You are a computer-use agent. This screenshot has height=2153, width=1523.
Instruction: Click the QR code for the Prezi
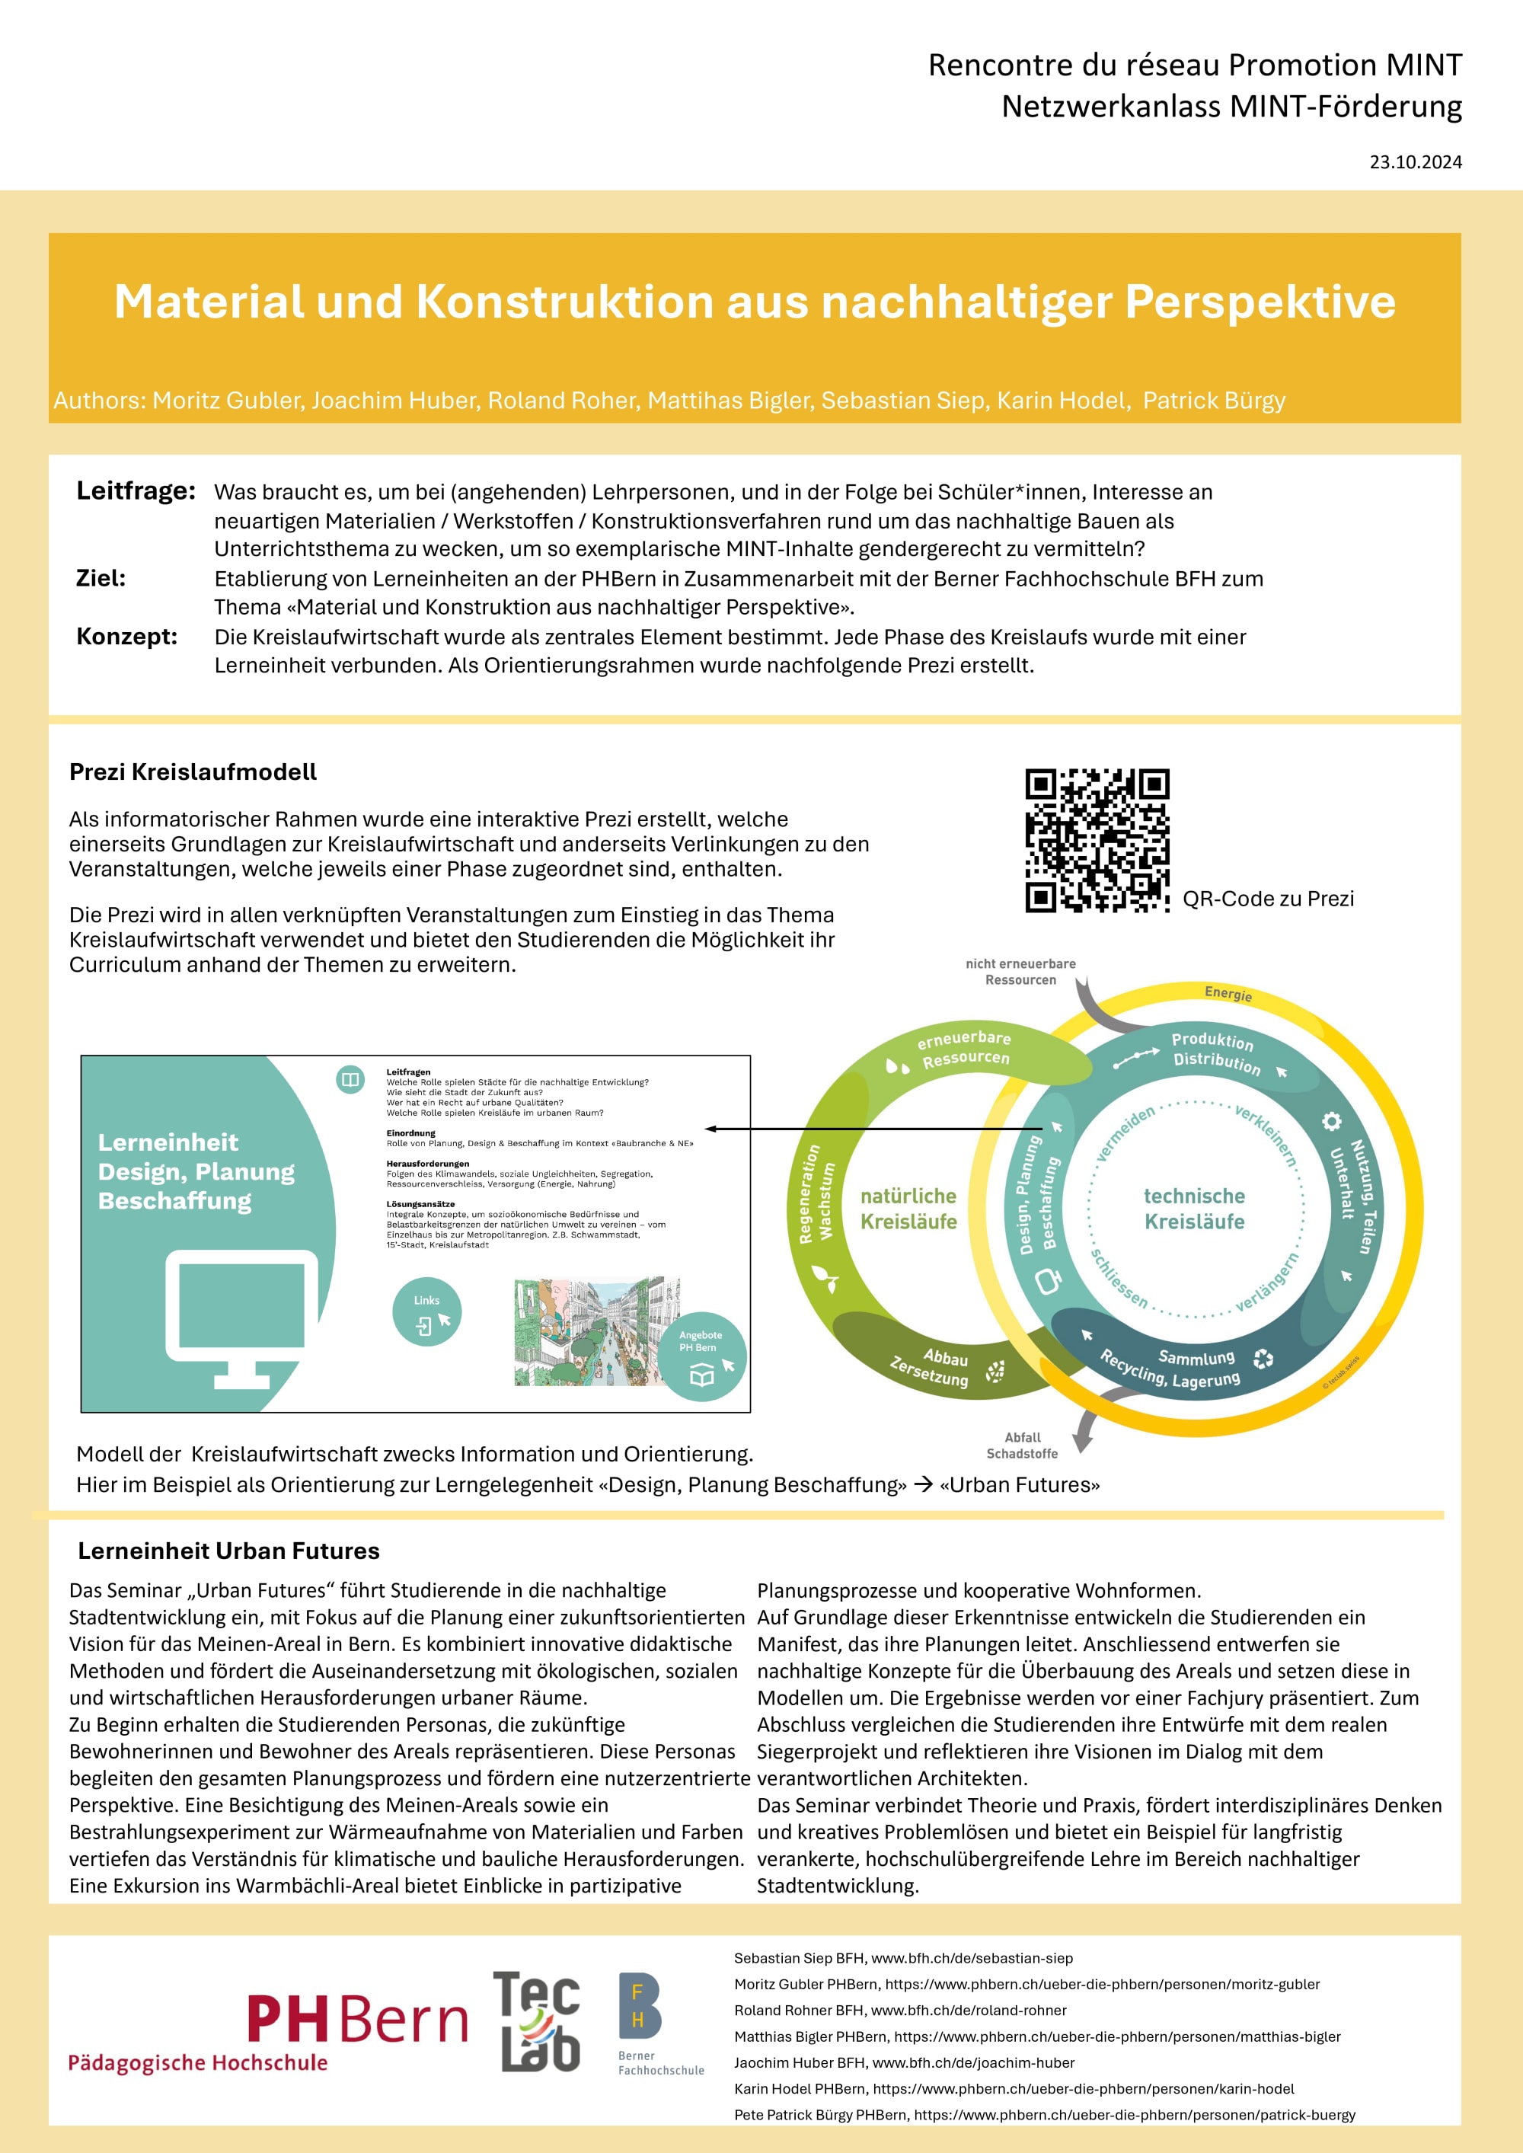(1097, 839)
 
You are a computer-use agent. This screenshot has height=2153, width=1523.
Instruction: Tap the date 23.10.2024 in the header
(1415, 162)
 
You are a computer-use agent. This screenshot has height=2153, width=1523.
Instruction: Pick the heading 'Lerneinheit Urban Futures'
(228, 1551)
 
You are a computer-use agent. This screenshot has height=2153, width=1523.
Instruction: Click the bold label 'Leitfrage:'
(136, 490)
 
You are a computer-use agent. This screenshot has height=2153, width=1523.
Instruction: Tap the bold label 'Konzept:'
(126, 637)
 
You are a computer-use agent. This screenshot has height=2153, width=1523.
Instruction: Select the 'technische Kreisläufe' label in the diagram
(1194, 1209)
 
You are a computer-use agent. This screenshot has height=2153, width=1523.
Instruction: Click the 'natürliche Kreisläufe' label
(908, 1209)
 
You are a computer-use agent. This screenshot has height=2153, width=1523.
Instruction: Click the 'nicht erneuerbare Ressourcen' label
(1020, 972)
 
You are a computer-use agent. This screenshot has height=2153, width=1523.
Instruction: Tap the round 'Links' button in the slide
(426, 1311)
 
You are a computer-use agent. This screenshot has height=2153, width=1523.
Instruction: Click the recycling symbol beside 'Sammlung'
(1263, 1358)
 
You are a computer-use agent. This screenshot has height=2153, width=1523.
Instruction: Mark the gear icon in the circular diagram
(1331, 1122)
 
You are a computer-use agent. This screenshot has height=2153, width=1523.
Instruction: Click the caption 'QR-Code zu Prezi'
(1268, 899)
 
